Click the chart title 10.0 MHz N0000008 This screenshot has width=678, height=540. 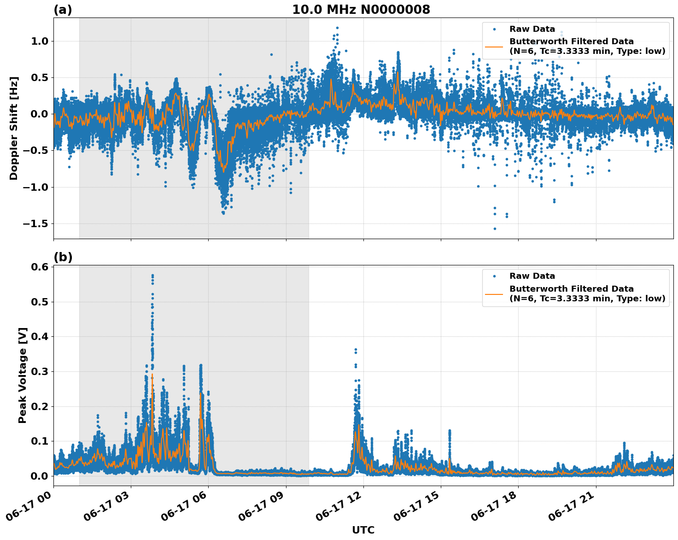click(361, 10)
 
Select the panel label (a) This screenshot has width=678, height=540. click(63, 10)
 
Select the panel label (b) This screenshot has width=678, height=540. click(63, 257)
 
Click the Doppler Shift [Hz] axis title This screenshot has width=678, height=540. click(14, 128)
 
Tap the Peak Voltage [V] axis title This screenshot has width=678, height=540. click(23, 375)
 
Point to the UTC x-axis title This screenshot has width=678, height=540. click(363, 530)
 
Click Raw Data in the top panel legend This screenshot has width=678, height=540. click(532, 29)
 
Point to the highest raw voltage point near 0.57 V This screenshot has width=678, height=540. click(152, 276)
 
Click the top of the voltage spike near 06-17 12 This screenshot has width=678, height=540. click(356, 350)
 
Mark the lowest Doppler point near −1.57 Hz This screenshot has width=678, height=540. click(495, 229)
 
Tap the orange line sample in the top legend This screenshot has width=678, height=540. click(494, 46)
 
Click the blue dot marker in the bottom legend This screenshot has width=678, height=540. click(494, 276)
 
